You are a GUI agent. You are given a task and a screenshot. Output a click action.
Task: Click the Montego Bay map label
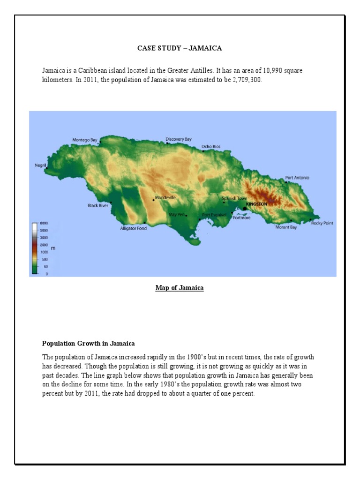[x=85, y=140]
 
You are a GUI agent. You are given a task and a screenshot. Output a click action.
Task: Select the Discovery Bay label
[x=179, y=139]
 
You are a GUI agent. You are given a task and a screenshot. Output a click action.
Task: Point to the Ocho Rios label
[x=211, y=147]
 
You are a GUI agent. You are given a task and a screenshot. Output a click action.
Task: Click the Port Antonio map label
[x=297, y=178]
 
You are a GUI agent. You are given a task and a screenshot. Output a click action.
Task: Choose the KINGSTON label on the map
[x=257, y=204]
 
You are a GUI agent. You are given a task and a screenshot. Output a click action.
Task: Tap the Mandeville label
[x=165, y=198]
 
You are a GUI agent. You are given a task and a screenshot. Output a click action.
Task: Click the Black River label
[x=98, y=205]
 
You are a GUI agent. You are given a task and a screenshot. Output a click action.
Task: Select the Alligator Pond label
[x=134, y=228]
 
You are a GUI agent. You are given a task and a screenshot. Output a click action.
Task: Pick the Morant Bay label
[x=286, y=227]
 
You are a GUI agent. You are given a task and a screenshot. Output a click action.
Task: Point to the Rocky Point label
[x=322, y=223]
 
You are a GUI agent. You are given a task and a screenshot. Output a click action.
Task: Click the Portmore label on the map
[x=242, y=217]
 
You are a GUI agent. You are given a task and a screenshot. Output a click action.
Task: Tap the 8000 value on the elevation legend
[x=44, y=224]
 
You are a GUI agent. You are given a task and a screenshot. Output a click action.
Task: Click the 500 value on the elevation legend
[x=44, y=259]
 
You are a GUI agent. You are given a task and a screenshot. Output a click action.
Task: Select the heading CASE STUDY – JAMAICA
[x=180, y=48]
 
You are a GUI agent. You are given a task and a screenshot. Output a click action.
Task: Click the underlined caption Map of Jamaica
[x=180, y=288]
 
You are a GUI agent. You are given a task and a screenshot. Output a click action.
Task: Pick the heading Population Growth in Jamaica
[x=89, y=344]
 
